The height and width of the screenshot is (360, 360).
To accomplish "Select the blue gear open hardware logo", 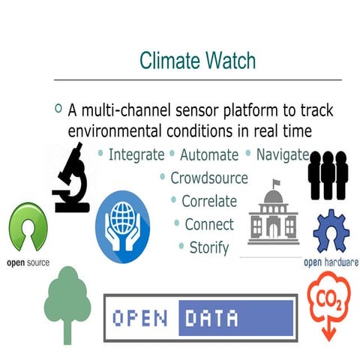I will point(331,232).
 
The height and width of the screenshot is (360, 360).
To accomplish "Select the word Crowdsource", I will point(209,178).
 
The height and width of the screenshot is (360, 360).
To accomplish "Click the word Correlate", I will point(209,201).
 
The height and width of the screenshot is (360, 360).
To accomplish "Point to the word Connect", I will point(209,223).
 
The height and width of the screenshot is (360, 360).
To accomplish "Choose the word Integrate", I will point(136,155).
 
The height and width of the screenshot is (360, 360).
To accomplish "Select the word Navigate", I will point(282,155).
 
